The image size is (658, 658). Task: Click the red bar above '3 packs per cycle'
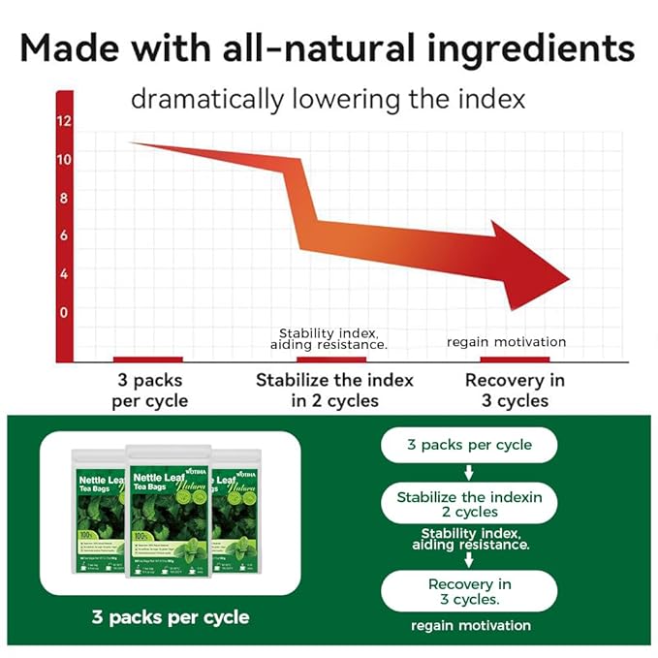pyautogui.click(x=147, y=360)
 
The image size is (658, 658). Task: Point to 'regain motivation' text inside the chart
pyautogui.click(x=506, y=341)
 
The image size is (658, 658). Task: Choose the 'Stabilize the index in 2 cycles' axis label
pyautogui.click(x=334, y=390)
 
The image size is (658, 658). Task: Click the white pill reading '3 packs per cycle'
pyautogui.click(x=469, y=445)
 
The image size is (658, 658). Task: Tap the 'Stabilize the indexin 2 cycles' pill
pyautogui.click(x=469, y=503)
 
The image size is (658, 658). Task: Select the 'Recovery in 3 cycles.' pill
pyautogui.click(x=469, y=591)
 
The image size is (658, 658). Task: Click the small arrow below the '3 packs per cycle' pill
pyautogui.click(x=469, y=473)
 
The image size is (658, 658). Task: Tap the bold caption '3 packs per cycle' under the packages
pyautogui.click(x=170, y=616)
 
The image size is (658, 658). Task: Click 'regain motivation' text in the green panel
pyautogui.click(x=471, y=626)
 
